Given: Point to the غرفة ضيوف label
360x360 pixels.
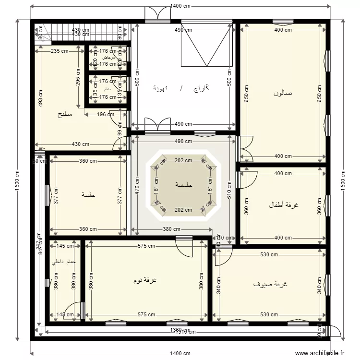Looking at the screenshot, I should click(270, 284).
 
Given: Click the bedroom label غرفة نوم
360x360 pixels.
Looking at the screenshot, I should click(146, 280).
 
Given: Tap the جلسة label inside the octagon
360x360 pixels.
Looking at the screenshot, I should click(183, 184).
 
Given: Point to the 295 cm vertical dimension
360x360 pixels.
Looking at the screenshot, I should click(78, 78).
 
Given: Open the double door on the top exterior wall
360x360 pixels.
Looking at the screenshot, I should click(157, 14).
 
